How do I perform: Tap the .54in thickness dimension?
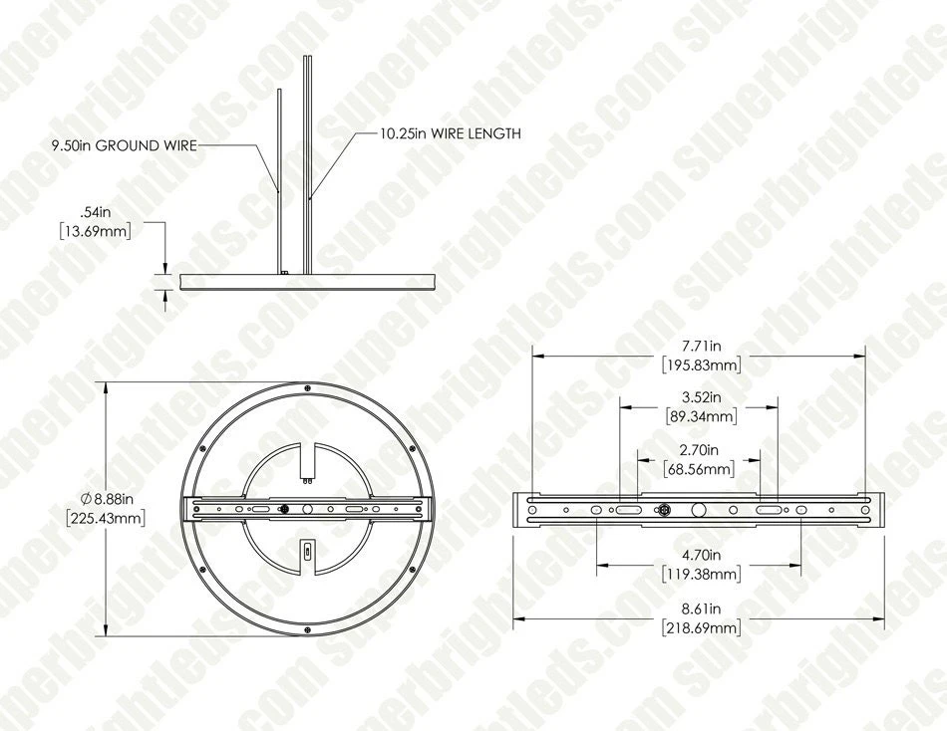coord(98,212)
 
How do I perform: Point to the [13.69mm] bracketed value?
coord(98,230)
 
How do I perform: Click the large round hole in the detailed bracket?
coord(699,509)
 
